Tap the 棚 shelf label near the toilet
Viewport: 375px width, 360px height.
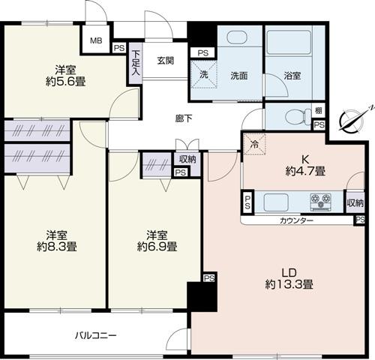(x=318, y=109)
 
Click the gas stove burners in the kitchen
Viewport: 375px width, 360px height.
(x=324, y=202)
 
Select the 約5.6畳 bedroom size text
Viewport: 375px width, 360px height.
(x=64, y=82)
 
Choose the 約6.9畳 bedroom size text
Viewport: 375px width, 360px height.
(x=157, y=246)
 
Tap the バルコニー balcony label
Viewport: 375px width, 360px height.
(x=95, y=334)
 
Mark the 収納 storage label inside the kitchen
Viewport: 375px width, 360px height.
(x=355, y=202)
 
